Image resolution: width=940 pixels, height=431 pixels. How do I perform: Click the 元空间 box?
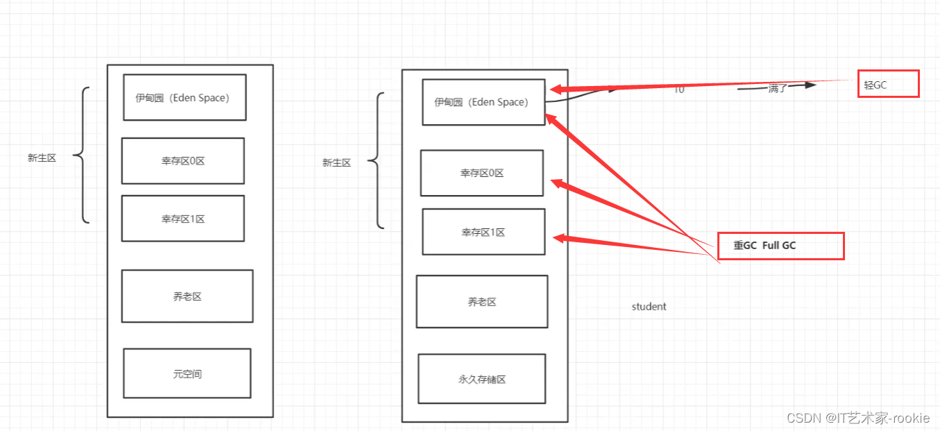(187, 373)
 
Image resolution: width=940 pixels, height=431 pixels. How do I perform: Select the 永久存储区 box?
(482, 379)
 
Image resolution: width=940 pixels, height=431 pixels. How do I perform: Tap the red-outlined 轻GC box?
(888, 84)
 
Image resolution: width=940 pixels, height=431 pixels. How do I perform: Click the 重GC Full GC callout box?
(780, 246)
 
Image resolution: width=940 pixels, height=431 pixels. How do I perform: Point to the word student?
(649, 307)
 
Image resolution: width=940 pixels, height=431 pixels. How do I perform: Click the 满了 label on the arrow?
(777, 89)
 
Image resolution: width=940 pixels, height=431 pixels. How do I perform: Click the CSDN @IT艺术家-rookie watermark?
(858, 418)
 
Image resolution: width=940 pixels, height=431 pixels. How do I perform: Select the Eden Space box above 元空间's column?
(185, 97)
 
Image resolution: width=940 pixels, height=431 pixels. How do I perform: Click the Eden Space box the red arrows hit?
(484, 102)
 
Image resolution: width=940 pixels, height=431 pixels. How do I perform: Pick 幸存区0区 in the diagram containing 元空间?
(183, 161)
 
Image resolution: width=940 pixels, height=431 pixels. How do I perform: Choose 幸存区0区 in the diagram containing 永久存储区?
(482, 173)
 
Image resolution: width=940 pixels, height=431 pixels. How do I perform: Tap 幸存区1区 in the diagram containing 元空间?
(183, 219)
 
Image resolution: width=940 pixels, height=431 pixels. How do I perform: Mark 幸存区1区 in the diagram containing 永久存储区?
(484, 232)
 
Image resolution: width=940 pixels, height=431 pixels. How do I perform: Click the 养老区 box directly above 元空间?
(187, 296)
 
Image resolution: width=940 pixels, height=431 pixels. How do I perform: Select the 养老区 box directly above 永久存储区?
(482, 302)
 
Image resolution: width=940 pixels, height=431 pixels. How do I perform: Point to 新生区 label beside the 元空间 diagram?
(42, 158)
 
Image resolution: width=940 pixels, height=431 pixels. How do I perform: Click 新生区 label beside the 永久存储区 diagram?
(336, 163)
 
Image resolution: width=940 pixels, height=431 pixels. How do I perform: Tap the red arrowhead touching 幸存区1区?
(558, 238)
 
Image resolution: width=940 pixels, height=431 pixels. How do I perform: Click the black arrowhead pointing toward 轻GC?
(808, 85)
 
